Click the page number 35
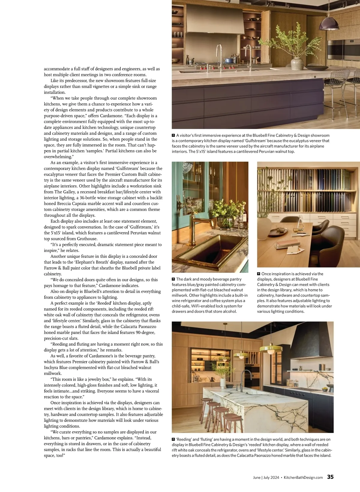(330, 477)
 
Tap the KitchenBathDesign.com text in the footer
(303, 477)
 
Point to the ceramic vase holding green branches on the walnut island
(297, 63)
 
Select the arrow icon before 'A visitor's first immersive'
(173, 135)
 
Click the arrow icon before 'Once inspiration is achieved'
(259, 274)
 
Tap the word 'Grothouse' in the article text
(87, 239)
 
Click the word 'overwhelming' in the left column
(58, 157)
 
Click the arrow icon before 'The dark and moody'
(173, 279)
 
